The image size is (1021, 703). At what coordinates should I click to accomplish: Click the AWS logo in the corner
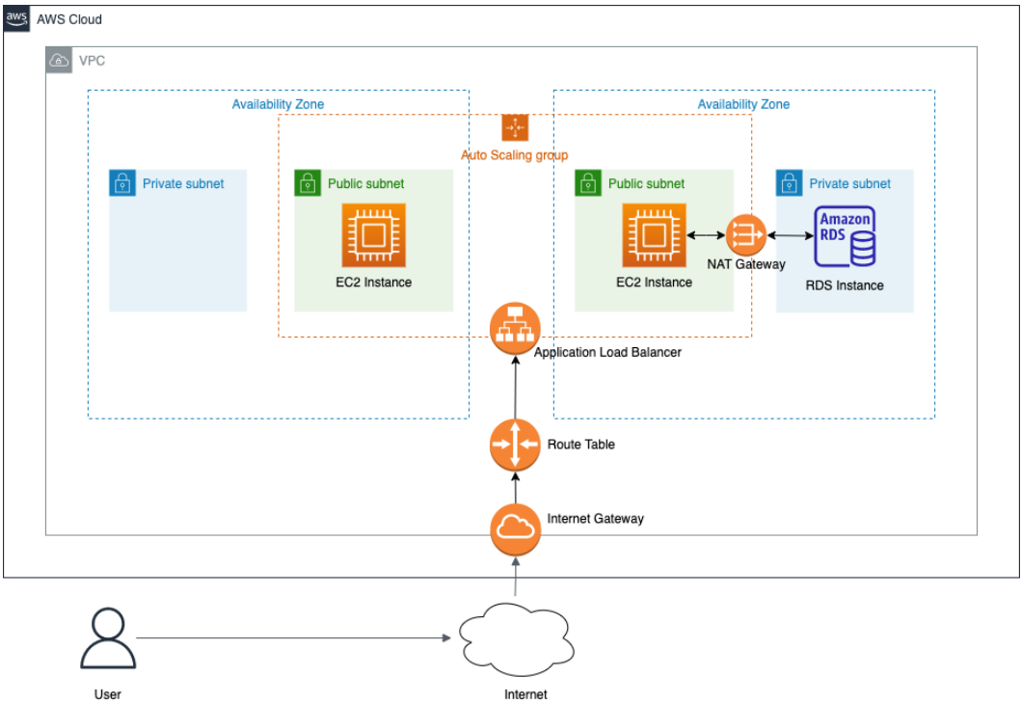tap(17, 19)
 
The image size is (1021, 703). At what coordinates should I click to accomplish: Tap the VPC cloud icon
tap(59, 60)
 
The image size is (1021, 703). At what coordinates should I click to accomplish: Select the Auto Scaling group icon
tap(515, 127)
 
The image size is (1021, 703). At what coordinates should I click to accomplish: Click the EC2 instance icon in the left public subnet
tap(374, 235)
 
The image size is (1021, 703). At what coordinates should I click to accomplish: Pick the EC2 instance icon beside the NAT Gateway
tap(655, 235)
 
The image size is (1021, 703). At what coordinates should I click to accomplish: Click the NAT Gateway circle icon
tap(746, 235)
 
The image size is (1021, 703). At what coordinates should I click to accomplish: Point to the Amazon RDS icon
tap(846, 236)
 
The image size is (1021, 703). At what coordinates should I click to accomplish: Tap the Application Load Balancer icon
tap(515, 329)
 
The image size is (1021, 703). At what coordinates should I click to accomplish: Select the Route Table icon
tap(515, 445)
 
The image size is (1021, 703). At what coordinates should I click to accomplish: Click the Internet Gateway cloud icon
tap(515, 529)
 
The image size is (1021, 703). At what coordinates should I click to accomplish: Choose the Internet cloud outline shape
tap(517, 639)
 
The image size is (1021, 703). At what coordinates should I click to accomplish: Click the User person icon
tap(108, 638)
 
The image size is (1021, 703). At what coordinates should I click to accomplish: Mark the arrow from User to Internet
tap(294, 637)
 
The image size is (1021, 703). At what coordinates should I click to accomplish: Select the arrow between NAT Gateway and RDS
tap(791, 235)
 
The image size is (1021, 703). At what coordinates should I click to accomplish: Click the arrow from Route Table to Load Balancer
tap(516, 387)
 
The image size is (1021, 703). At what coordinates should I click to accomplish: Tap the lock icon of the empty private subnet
tap(122, 183)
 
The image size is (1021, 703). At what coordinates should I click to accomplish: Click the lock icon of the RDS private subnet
tap(790, 183)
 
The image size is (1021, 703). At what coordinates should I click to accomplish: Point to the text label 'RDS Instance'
tap(845, 285)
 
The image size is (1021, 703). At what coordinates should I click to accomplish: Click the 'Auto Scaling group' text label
tap(515, 155)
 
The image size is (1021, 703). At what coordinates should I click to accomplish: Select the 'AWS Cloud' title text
tap(69, 19)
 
